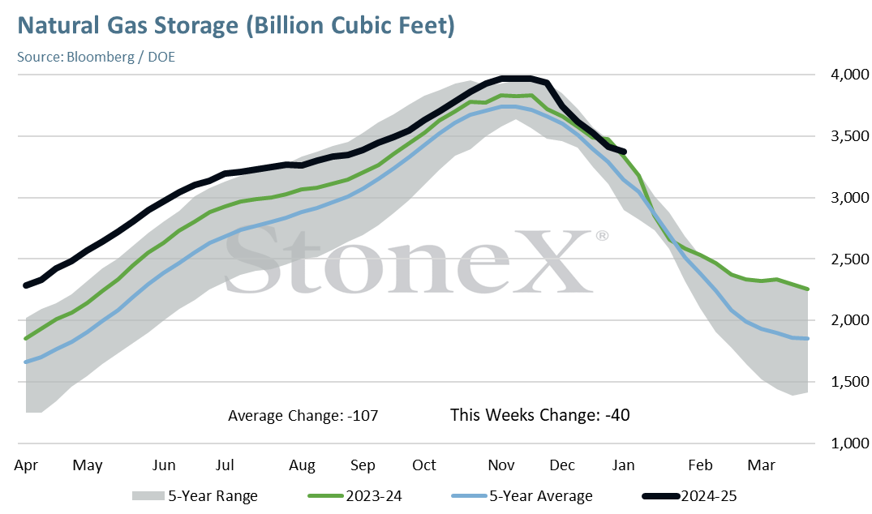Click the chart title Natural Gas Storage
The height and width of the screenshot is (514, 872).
(x=128, y=26)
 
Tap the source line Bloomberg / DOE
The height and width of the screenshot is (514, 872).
(x=121, y=58)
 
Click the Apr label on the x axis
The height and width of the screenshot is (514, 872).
(x=26, y=465)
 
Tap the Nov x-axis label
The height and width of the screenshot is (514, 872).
(x=501, y=465)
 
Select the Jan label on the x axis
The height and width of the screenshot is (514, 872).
(x=624, y=465)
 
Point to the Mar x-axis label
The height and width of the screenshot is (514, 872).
(x=762, y=465)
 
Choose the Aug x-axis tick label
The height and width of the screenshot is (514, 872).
(x=302, y=465)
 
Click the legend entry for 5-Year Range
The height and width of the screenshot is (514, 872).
(x=195, y=495)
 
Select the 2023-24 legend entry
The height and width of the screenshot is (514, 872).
(x=354, y=495)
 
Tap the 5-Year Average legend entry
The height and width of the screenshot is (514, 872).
(x=522, y=495)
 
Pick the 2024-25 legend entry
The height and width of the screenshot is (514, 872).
(x=689, y=495)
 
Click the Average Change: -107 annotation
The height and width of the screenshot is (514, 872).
(x=303, y=416)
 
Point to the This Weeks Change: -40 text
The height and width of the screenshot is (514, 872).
(x=540, y=415)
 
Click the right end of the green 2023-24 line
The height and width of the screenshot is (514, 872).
(x=807, y=289)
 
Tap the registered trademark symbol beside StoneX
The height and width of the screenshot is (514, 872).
(x=602, y=236)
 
